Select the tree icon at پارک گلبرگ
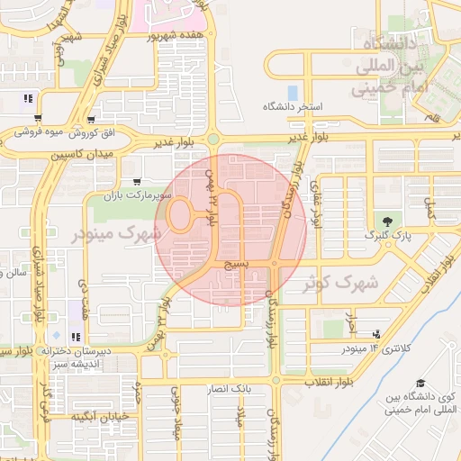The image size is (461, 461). tap(388, 221)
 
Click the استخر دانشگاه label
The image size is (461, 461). tap(292, 106)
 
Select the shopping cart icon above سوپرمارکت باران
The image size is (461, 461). tap(136, 180)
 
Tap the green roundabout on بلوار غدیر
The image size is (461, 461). tap(212, 139)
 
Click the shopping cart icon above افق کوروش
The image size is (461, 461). tap(91, 119)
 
